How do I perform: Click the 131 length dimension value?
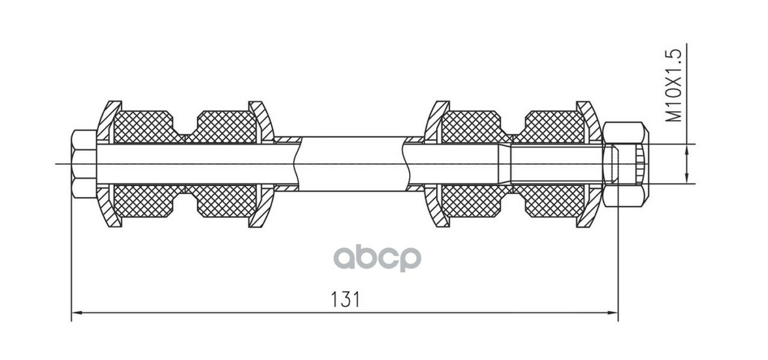[346, 299]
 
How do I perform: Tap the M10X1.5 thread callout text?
[673, 85]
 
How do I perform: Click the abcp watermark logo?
[377, 259]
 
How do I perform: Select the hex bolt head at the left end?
[85, 164]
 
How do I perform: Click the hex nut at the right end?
[625, 164]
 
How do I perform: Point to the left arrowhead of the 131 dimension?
[76, 313]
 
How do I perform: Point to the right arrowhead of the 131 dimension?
[613, 313]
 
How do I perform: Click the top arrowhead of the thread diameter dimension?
[687, 149]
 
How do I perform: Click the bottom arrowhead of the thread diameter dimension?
[687, 178]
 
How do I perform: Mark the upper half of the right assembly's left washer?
[436, 122]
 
